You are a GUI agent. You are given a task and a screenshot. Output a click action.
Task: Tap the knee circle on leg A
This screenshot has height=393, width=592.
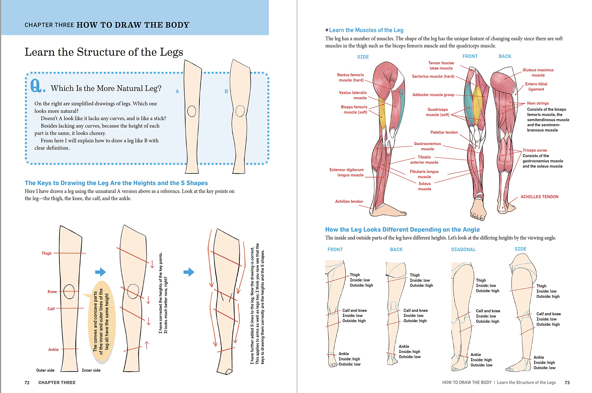[x=191, y=111]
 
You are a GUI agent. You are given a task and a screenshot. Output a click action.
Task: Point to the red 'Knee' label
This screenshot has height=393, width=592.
[x=52, y=292]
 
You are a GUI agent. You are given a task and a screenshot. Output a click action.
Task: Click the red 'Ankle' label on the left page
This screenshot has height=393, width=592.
[x=53, y=349]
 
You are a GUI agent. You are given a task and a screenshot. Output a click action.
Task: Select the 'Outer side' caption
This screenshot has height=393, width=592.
[x=45, y=370]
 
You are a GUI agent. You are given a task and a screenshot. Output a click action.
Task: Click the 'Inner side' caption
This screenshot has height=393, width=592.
[x=91, y=370]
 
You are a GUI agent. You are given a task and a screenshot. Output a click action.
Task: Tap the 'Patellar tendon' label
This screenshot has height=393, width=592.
[x=444, y=132]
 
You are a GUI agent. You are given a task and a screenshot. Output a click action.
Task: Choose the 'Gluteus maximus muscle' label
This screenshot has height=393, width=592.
[x=538, y=72]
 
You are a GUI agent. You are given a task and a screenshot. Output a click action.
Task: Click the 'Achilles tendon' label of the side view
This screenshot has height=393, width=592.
[x=349, y=201]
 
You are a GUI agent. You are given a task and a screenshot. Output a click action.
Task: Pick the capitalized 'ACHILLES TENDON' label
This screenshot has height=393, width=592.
[x=539, y=197]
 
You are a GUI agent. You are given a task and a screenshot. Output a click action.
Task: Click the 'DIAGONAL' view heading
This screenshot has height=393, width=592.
[x=463, y=249]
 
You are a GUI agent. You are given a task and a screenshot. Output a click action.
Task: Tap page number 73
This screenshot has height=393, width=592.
[x=567, y=382]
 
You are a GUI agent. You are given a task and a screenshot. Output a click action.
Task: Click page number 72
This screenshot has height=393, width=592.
[x=27, y=382]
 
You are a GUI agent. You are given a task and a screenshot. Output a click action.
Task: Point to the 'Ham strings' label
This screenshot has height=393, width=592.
[x=538, y=103]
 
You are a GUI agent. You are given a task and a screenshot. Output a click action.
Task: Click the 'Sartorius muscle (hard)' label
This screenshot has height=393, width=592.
[x=433, y=77]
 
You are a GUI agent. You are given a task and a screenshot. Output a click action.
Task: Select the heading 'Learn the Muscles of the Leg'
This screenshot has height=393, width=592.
[x=366, y=30]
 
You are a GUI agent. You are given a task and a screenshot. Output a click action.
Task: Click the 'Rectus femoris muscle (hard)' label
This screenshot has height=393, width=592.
[x=350, y=77]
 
